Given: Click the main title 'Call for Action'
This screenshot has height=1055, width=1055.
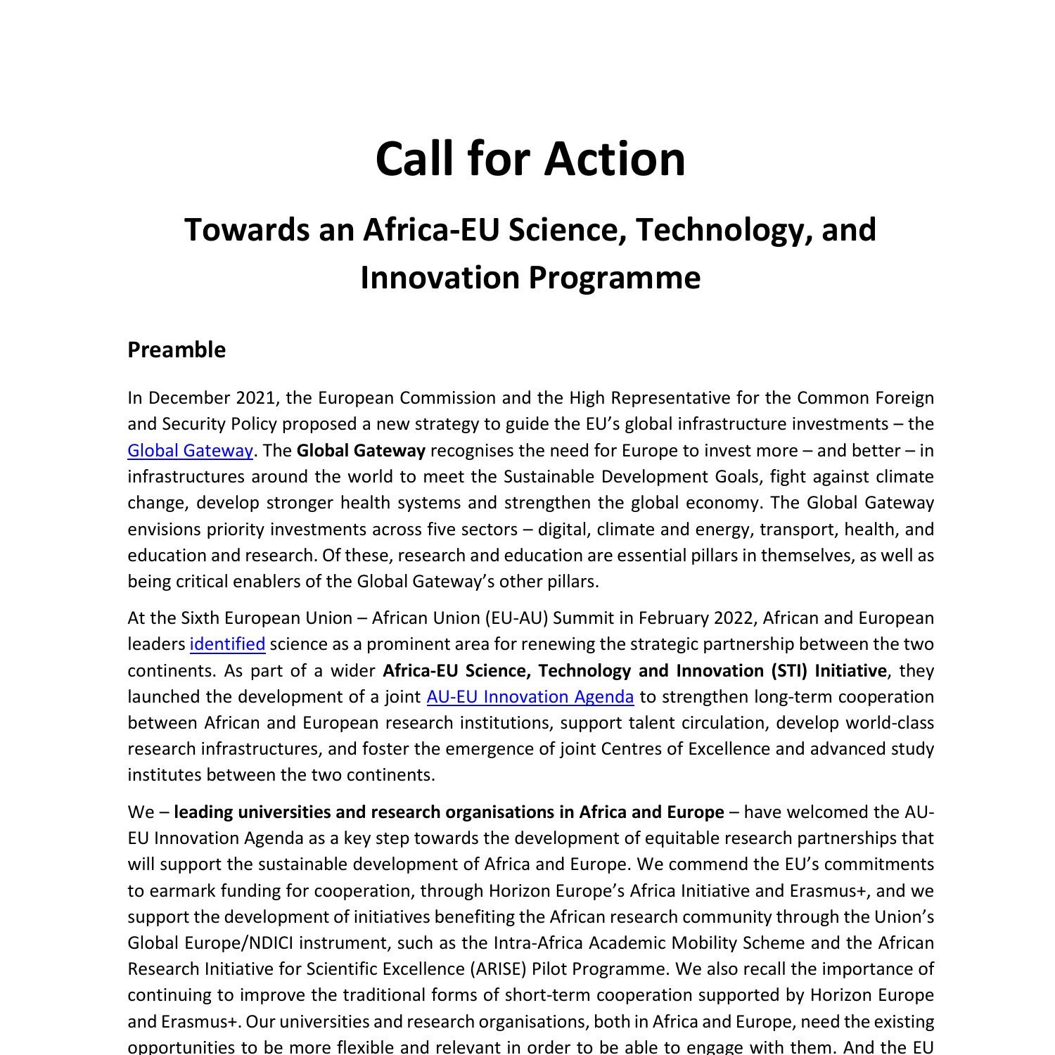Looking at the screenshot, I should click(x=530, y=159).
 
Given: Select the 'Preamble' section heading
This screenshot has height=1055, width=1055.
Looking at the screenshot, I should click(x=177, y=350).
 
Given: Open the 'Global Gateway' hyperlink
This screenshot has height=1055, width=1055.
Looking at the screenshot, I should click(x=190, y=450).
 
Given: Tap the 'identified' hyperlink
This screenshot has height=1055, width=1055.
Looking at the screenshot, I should click(x=227, y=644).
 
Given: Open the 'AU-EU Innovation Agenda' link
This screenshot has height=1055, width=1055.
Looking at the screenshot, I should click(x=530, y=696).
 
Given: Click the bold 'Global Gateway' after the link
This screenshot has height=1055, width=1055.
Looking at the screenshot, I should click(x=361, y=450).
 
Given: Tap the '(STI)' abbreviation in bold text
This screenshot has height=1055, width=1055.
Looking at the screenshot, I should click(x=790, y=670).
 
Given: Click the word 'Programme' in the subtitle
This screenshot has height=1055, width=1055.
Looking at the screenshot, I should click(x=614, y=277).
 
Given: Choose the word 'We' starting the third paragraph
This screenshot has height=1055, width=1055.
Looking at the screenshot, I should click(x=141, y=812).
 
